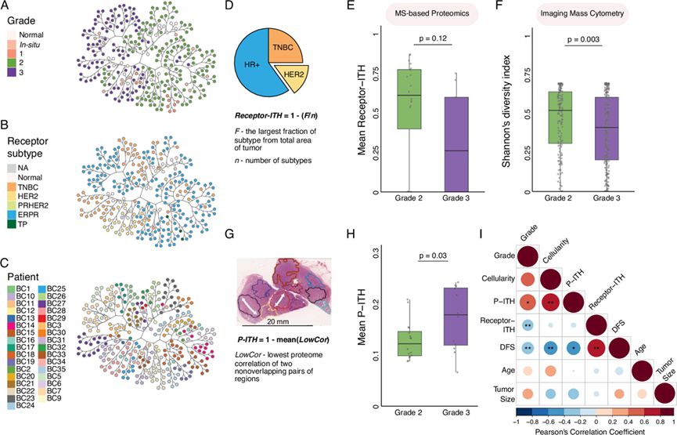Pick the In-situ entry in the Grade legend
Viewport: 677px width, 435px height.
point(34,45)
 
